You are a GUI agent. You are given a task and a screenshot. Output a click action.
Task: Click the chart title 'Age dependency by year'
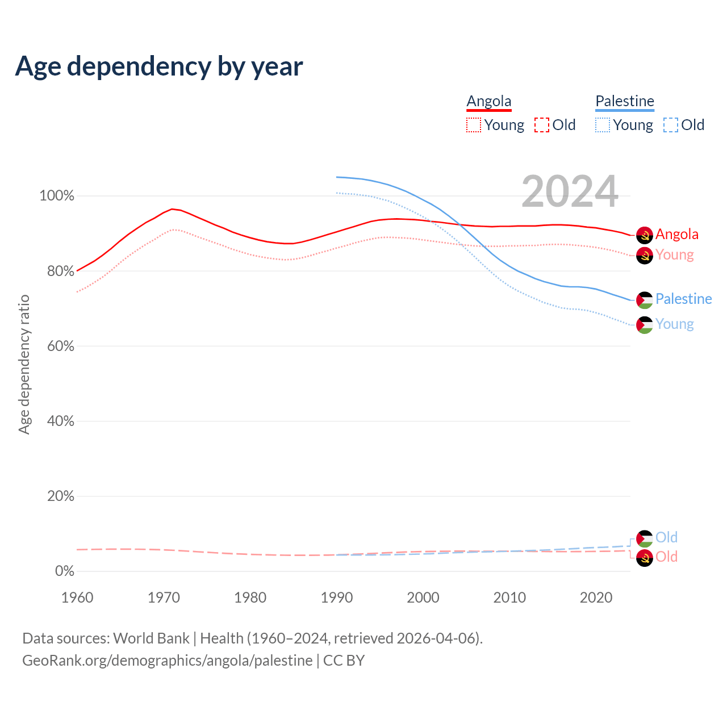pyautogui.click(x=159, y=66)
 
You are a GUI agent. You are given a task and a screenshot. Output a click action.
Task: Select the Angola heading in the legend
pyautogui.click(x=489, y=101)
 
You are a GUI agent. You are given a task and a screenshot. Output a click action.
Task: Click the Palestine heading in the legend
pyautogui.click(x=625, y=101)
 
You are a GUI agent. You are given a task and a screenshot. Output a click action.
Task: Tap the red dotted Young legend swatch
pyautogui.click(x=474, y=125)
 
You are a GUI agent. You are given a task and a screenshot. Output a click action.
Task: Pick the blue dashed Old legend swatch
pyautogui.click(x=671, y=125)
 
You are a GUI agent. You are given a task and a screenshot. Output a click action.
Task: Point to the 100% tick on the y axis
pyautogui.click(x=57, y=196)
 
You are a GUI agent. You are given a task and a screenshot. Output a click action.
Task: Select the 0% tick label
pyautogui.click(x=65, y=571)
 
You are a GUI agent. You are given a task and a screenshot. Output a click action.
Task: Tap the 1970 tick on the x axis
pyautogui.click(x=164, y=598)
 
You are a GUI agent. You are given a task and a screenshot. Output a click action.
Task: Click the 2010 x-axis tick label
pyautogui.click(x=509, y=598)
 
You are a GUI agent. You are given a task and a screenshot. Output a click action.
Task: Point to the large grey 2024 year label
pyautogui.click(x=570, y=192)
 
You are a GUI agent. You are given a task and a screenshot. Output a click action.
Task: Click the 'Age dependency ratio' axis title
pyautogui.click(x=24, y=364)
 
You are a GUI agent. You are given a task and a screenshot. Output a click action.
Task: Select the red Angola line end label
pyautogui.click(x=677, y=234)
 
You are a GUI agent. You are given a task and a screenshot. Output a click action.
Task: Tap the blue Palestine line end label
pyautogui.click(x=683, y=299)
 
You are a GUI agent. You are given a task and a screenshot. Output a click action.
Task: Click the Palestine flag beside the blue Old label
pyautogui.click(x=645, y=538)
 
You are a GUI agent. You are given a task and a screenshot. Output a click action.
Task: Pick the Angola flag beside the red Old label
pyautogui.click(x=645, y=558)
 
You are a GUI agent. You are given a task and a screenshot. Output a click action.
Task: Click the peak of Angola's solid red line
pyautogui.click(x=172, y=209)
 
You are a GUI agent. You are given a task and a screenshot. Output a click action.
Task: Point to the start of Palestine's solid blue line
pyautogui.click(x=337, y=177)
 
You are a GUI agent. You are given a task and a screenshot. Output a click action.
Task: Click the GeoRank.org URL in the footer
pyautogui.click(x=167, y=661)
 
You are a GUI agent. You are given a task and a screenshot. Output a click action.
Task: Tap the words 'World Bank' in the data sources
pyautogui.click(x=151, y=638)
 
